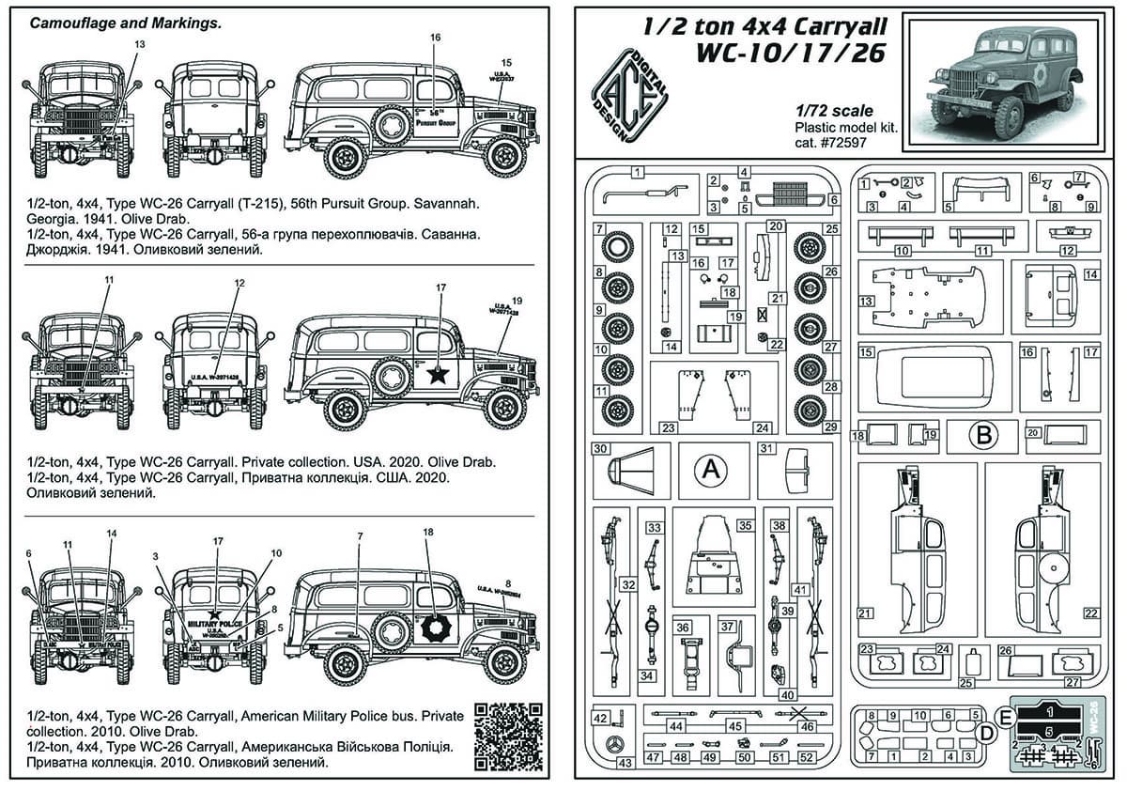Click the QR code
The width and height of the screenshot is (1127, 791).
click(x=508, y=733)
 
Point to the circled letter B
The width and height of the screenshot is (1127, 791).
click(x=983, y=435)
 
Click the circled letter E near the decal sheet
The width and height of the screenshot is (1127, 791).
click(x=1007, y=717)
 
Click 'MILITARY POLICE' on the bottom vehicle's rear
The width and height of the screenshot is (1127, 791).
click(x=216, y=623)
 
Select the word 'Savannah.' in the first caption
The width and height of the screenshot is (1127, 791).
click(x=446, y=202)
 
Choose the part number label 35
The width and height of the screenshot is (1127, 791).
click(x=745, y=525)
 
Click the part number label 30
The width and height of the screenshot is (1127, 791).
click(x=602, y=447)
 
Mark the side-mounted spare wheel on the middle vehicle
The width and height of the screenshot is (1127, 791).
click(x=391, y=377)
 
